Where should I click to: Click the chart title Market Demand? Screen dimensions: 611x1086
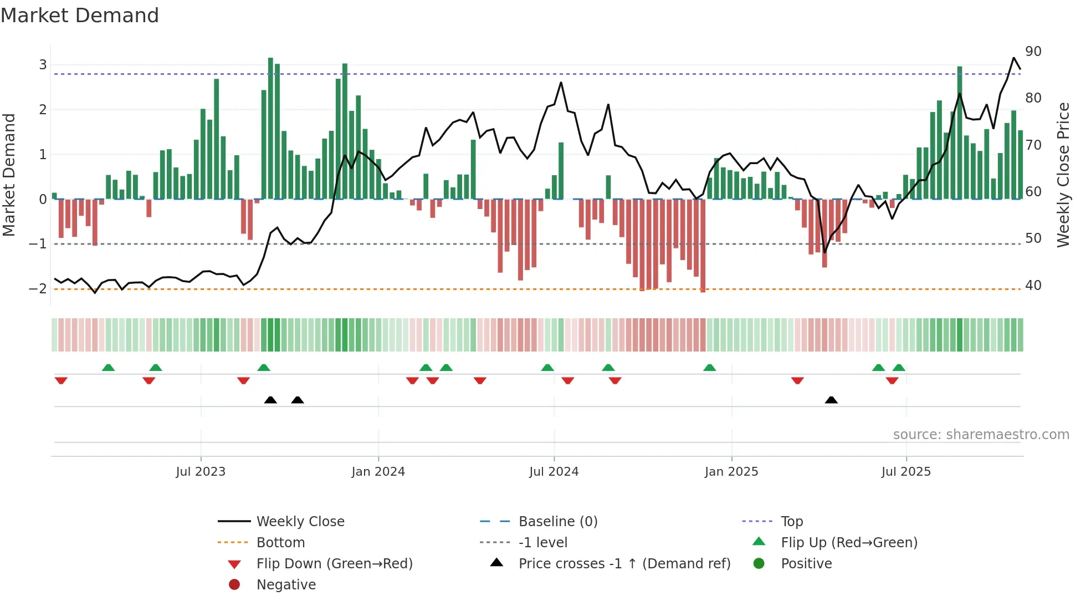80,16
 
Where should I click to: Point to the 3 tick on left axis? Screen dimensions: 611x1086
43,65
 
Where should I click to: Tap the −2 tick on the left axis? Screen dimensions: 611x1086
38,288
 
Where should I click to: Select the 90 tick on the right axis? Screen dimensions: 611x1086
1033,52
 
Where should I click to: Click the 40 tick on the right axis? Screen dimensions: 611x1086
1033,286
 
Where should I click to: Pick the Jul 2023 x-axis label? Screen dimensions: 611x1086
201,472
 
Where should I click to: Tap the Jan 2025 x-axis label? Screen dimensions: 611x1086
731,472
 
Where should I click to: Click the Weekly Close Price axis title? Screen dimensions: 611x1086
1063,175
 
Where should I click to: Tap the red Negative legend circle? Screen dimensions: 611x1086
234,585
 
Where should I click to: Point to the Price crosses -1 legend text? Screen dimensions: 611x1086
624,564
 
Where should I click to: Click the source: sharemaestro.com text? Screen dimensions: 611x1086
981,435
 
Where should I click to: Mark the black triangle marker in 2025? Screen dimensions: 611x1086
831,400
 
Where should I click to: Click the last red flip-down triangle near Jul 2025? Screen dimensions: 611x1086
892,380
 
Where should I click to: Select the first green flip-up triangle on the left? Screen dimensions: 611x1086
109,368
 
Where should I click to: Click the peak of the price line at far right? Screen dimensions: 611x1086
1013,58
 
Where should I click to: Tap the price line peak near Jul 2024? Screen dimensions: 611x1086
561,83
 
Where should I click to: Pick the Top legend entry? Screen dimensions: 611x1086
791,522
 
